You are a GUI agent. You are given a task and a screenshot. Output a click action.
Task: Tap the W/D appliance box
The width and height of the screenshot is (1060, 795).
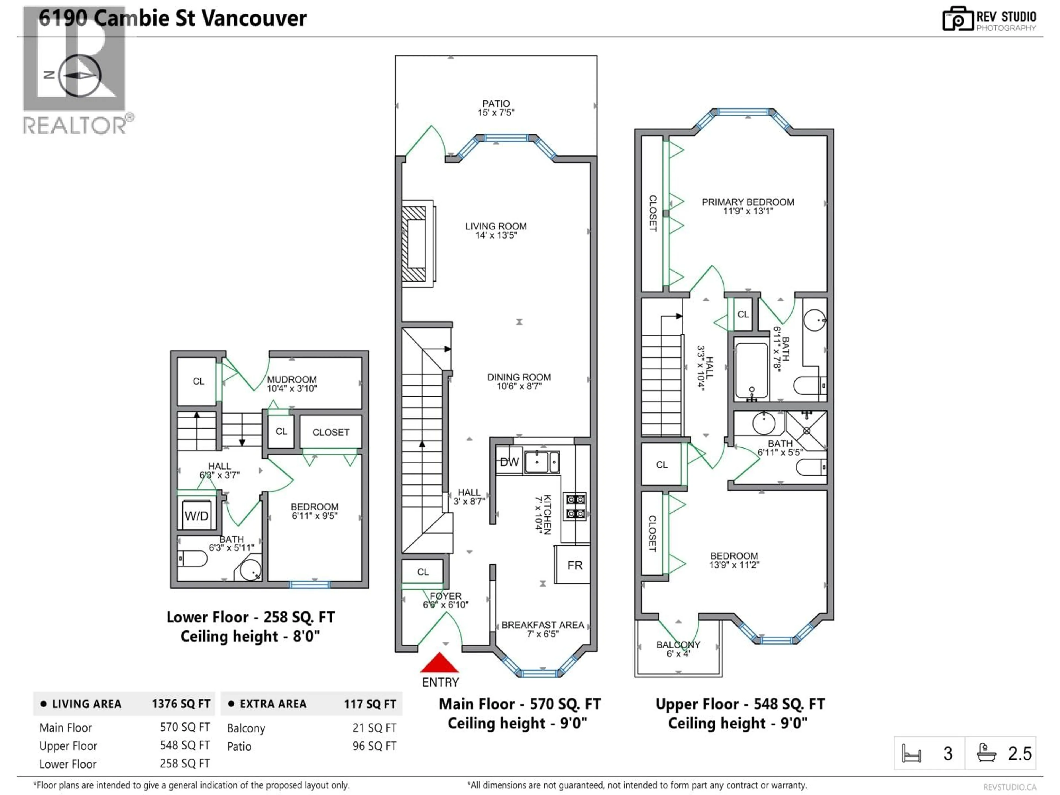coord(197,516)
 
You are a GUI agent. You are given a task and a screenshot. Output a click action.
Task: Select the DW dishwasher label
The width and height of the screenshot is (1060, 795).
coord(509,462)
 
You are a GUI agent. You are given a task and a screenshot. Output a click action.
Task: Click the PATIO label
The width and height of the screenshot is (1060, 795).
coord(496,104)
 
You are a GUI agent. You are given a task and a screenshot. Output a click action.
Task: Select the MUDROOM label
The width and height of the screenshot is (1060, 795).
coord(291,380)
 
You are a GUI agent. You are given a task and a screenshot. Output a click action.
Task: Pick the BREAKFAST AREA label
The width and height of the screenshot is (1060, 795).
coord(542,625)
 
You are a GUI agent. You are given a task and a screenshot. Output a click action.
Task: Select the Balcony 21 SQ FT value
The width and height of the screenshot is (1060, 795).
coord(374,728)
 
